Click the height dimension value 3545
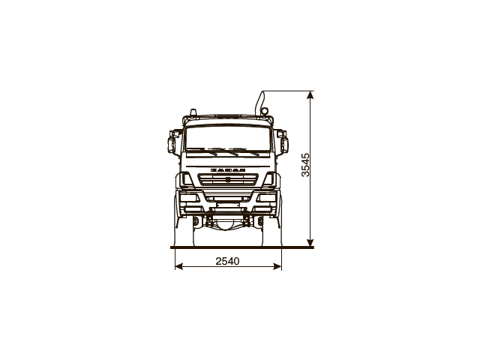(x=305, y=164)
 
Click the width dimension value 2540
(x=227, y=261)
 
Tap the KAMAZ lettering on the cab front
(x=227, y=171)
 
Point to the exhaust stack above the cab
(x=263, y=103)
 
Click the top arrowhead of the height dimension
(x=310, y=94)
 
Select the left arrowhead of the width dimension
(x=177, y=266)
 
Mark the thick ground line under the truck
(x=240, y=247)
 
